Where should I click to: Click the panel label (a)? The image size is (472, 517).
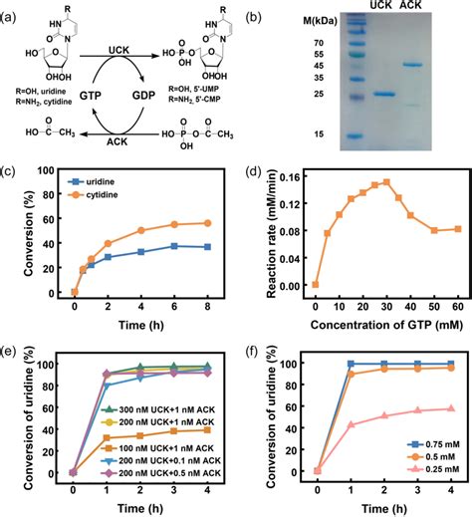tap(13, 13)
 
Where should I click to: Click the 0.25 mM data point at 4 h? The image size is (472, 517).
tap(450, 408)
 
